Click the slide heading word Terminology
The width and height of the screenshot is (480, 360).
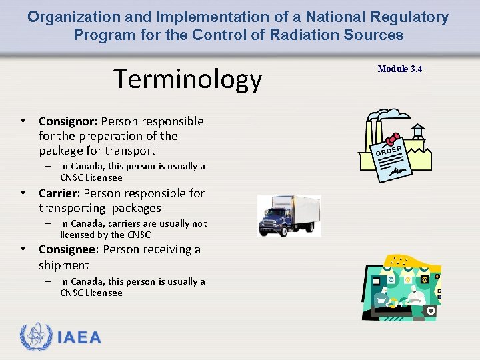coord(187,79)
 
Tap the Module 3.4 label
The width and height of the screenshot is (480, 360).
coord(399,69)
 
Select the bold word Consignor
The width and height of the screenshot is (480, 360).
coord(68,121)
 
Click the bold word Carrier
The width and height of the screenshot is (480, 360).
coord(58,193)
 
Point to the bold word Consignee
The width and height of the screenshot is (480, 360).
coord(69,249)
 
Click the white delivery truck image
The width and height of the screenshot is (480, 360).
coord(289,215)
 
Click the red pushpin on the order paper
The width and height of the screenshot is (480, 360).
coord(393,137)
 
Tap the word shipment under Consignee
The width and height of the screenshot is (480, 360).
coord(64,265)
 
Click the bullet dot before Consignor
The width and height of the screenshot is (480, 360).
coord(23,121)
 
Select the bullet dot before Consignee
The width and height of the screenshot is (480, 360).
coord(23,249)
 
